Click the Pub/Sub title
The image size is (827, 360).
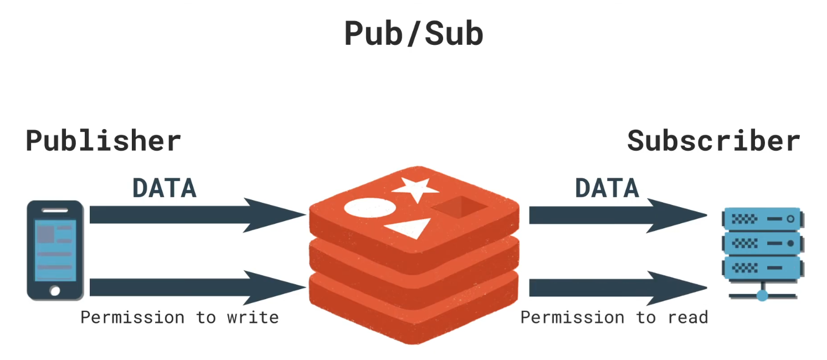point(413,34)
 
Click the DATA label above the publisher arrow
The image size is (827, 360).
point(164,188)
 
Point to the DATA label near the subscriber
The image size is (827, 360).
point(607,188)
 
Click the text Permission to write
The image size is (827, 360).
point(179,317)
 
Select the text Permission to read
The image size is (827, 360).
point(614,317)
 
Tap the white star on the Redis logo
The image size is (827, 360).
point(412,188)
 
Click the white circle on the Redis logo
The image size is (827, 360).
point(370,208)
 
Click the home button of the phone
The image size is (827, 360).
point(55,290)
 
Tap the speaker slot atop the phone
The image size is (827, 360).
point(55,210)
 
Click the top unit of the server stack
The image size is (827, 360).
point(762,219)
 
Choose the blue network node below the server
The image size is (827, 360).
point(762,294)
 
